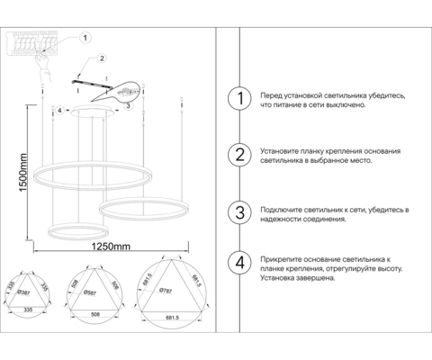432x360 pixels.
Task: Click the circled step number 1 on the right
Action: tap(238, 99)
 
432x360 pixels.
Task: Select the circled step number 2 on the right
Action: tap(238, 155)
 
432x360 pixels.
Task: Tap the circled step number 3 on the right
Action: tap(238, 212)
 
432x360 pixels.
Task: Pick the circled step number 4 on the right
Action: tap(238, 263)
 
